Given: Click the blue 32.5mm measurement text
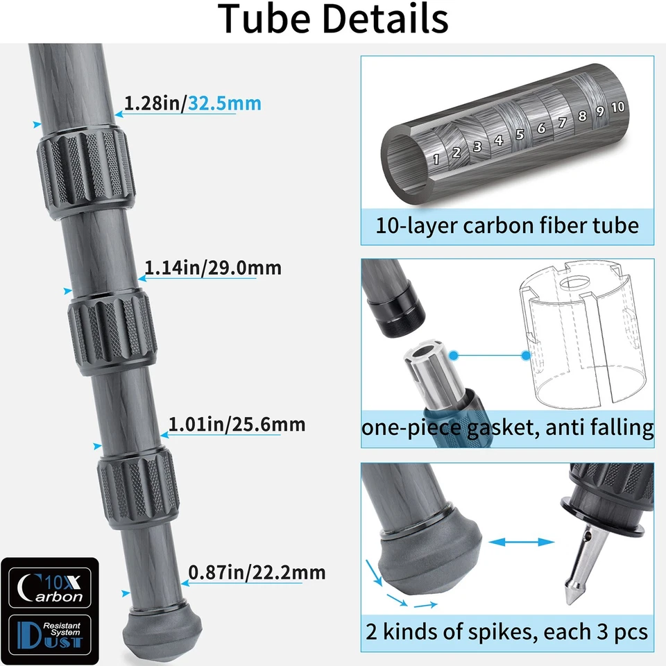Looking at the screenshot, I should [x=225, y=103].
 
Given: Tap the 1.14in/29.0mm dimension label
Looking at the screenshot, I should [x=212, y=267].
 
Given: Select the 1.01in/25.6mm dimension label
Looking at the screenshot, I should [x=237, y=423].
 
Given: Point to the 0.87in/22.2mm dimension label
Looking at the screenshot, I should [x=257, y=572].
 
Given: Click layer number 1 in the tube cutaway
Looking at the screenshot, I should [x=436, y=158].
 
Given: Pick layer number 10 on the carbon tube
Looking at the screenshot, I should [x=618, y=108].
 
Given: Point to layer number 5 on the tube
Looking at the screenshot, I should [x=519, y=134].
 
